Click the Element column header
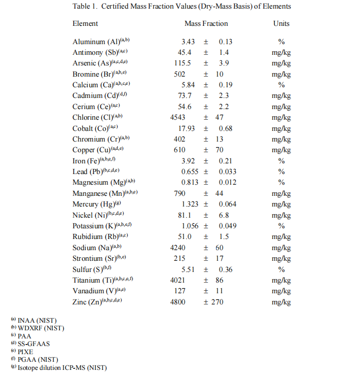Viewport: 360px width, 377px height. (85, 23)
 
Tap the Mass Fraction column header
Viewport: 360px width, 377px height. (206, 23)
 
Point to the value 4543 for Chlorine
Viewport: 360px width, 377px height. (178, 117)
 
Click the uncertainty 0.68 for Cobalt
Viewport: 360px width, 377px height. (226, 128)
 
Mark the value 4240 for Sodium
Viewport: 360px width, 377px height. (178, 248)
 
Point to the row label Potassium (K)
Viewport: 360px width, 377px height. (94, 226)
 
